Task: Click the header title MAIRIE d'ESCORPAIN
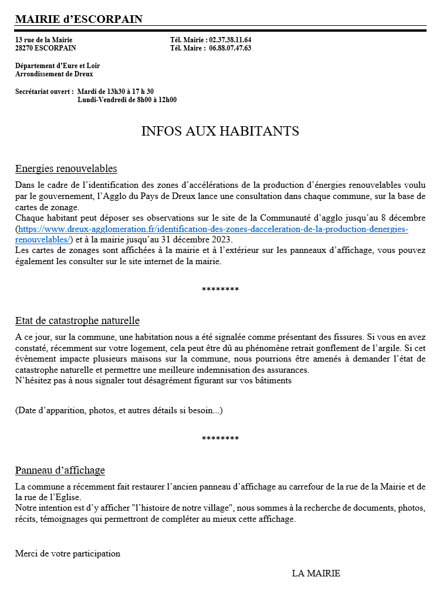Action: pos(79,19)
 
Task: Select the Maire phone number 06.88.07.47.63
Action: pos(230,48)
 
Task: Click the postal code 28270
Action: pos(25,48)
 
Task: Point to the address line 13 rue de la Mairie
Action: pos(44,40)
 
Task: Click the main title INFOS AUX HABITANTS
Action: pos(220,131)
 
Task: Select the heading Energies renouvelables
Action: pos(66,169)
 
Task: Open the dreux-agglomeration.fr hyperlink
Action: pos(212,230)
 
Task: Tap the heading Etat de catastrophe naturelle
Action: pos(77,321)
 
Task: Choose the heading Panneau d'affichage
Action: pos(60,471)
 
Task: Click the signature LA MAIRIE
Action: pos(316,573)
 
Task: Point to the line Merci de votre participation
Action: pos(67,553)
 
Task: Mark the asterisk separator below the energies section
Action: pos(220,290)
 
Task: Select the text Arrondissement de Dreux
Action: pos(54,74)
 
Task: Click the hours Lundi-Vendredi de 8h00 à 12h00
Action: pos(127,100)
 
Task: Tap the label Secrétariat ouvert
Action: pos(44,92)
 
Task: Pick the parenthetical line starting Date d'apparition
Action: pos(119,410)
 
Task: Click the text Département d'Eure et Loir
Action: pos(58,66)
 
